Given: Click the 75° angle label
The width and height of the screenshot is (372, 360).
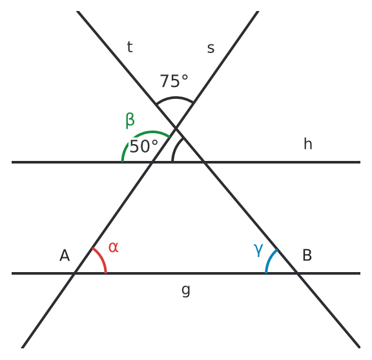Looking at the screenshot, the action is coord(174,81).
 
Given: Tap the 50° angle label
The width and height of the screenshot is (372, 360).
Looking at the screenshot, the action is coord(144,146).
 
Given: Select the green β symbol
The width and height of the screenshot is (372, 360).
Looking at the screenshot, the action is coord(130,120).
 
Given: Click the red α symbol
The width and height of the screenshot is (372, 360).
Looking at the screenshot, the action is coord(114,247).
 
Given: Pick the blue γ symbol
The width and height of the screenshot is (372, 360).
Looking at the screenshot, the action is coord(258,250).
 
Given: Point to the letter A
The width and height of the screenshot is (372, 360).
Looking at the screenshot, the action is coord(65,255).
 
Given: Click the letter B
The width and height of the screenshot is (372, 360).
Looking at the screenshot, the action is coord(307,255).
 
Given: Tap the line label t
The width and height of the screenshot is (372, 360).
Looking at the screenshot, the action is coord(130,47).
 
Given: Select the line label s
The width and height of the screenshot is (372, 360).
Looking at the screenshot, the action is coord(211,48).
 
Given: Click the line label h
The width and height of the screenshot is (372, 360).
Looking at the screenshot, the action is coord(308,144).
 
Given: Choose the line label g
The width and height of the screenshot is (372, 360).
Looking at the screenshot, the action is coord(186,290).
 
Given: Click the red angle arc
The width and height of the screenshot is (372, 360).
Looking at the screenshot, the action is coord(102,259).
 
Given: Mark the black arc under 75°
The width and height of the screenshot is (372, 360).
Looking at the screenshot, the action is coord(175,98).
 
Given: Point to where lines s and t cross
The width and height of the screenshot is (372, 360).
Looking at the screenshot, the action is coord(176,129).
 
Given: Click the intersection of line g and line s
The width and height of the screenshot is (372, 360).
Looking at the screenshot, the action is coord(74,273).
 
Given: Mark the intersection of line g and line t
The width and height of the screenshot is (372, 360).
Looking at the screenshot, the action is coord(297,273).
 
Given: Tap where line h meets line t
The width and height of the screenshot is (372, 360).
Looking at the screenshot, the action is coord(204,162).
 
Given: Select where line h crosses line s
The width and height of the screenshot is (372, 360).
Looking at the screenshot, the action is coord(152,162).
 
